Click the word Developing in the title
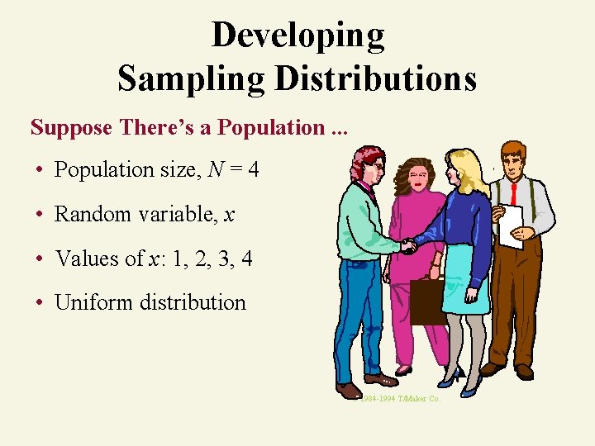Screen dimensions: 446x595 click(x=297, y=36)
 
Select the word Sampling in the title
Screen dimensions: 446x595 click(x=193, y=78)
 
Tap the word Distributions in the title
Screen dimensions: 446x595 click(x=375, y=78)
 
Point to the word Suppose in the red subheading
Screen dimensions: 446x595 click(x=72, y=127)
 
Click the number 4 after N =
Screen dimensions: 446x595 click(x=253, y=170)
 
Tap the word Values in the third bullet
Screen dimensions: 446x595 click(x=87, y=259)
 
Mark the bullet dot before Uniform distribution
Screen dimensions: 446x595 click(x=40, y=303)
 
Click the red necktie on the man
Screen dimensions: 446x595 click(x=514, y=194)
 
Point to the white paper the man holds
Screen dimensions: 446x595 click(x=512, y=225)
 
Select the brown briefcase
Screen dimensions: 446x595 click(x=427, y=301)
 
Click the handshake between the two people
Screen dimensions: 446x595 click(x=409, y=245)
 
